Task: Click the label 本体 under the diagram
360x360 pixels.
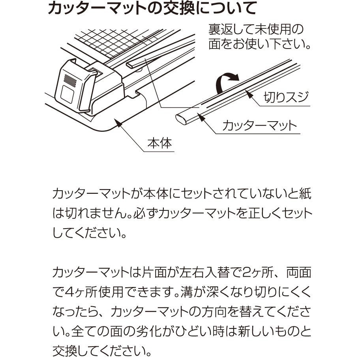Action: point(159,143)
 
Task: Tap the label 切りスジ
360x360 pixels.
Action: point(286,97)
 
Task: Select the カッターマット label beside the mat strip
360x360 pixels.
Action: point(260,126)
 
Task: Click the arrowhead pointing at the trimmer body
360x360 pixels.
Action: point(118,123)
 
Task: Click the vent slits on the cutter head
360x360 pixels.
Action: point(70,81)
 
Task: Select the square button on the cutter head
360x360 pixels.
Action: point(67,95)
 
